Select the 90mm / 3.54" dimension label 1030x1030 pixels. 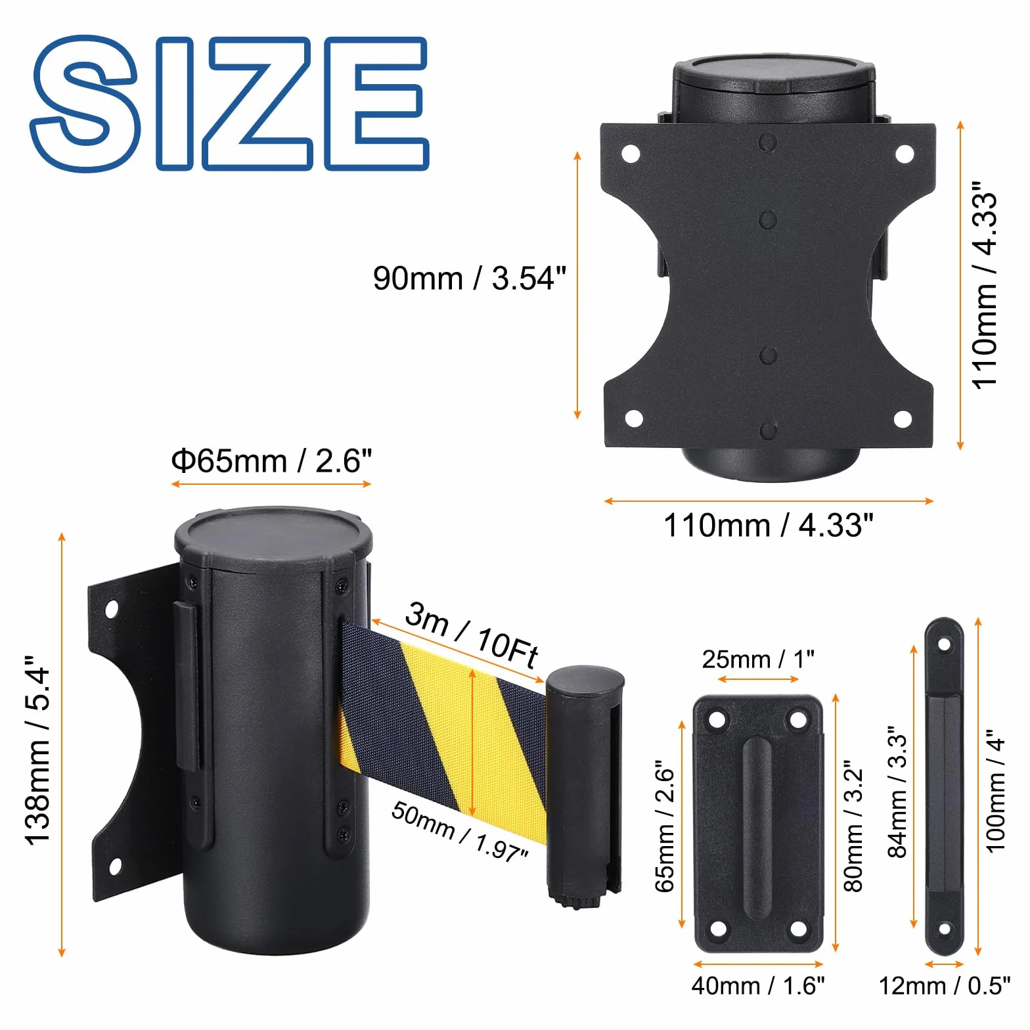coord(469,278)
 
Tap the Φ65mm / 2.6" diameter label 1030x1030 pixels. coord(271,460)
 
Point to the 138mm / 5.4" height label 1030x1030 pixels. coord(37,750)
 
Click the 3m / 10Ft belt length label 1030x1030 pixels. coord(472,635)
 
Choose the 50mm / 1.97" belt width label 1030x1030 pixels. coord(459,830)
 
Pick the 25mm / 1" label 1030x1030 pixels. coord(758,659)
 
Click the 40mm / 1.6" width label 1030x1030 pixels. coord(758,985)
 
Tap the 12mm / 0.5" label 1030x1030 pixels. coord(945,985)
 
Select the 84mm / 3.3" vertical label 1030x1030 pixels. coord(897,792)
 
